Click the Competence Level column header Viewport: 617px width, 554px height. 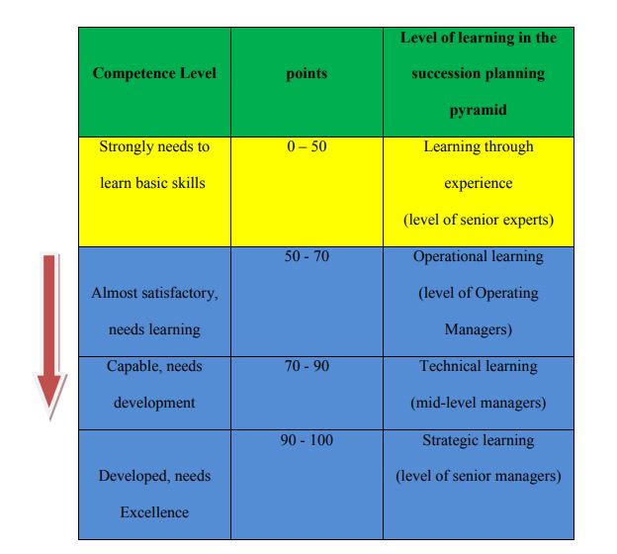tap(154, 73)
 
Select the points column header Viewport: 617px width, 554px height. tap(307, 73)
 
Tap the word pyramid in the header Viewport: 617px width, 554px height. tap(479, 110)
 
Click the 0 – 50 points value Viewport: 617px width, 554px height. tap(307, 146)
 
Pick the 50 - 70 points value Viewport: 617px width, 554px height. tap(307, 256)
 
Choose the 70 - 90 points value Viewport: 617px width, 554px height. tap(307, 366)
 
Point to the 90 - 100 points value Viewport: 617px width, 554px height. tap(307, 440)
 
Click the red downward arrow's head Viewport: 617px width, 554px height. tap(50, 394)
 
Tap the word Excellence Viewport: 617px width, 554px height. tap(154, 512)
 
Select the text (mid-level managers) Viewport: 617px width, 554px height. tap(479, 403)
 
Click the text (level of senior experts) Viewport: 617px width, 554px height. tap(479, 220)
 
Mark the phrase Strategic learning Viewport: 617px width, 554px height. tap(479, 440)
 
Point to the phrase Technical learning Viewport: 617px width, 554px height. tap(479, 367)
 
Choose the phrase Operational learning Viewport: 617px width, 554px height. tap(479, 257)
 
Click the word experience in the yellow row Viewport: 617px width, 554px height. tap(479, 183)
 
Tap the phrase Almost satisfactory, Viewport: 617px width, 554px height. tap(154, 294)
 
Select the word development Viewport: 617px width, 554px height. tap(154, 404)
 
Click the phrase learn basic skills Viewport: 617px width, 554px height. tap(152, 183)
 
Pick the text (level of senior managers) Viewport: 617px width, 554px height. tap(479, 476)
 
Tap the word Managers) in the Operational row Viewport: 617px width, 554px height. tap(479, 329)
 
